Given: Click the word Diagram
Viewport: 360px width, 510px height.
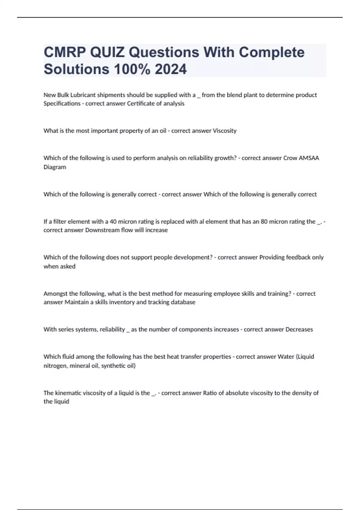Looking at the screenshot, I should [x=55, y=167].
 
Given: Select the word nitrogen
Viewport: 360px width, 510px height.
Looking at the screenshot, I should [x=55, y=366].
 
